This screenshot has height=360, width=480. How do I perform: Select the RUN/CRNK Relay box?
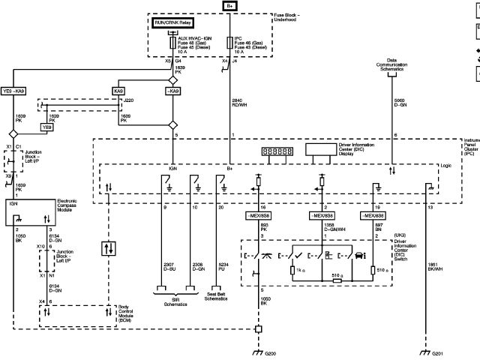[x=172, y=22]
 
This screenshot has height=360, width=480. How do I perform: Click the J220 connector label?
[x=129, y=99]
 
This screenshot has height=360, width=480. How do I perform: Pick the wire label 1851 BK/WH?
[x=435, y=265]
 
